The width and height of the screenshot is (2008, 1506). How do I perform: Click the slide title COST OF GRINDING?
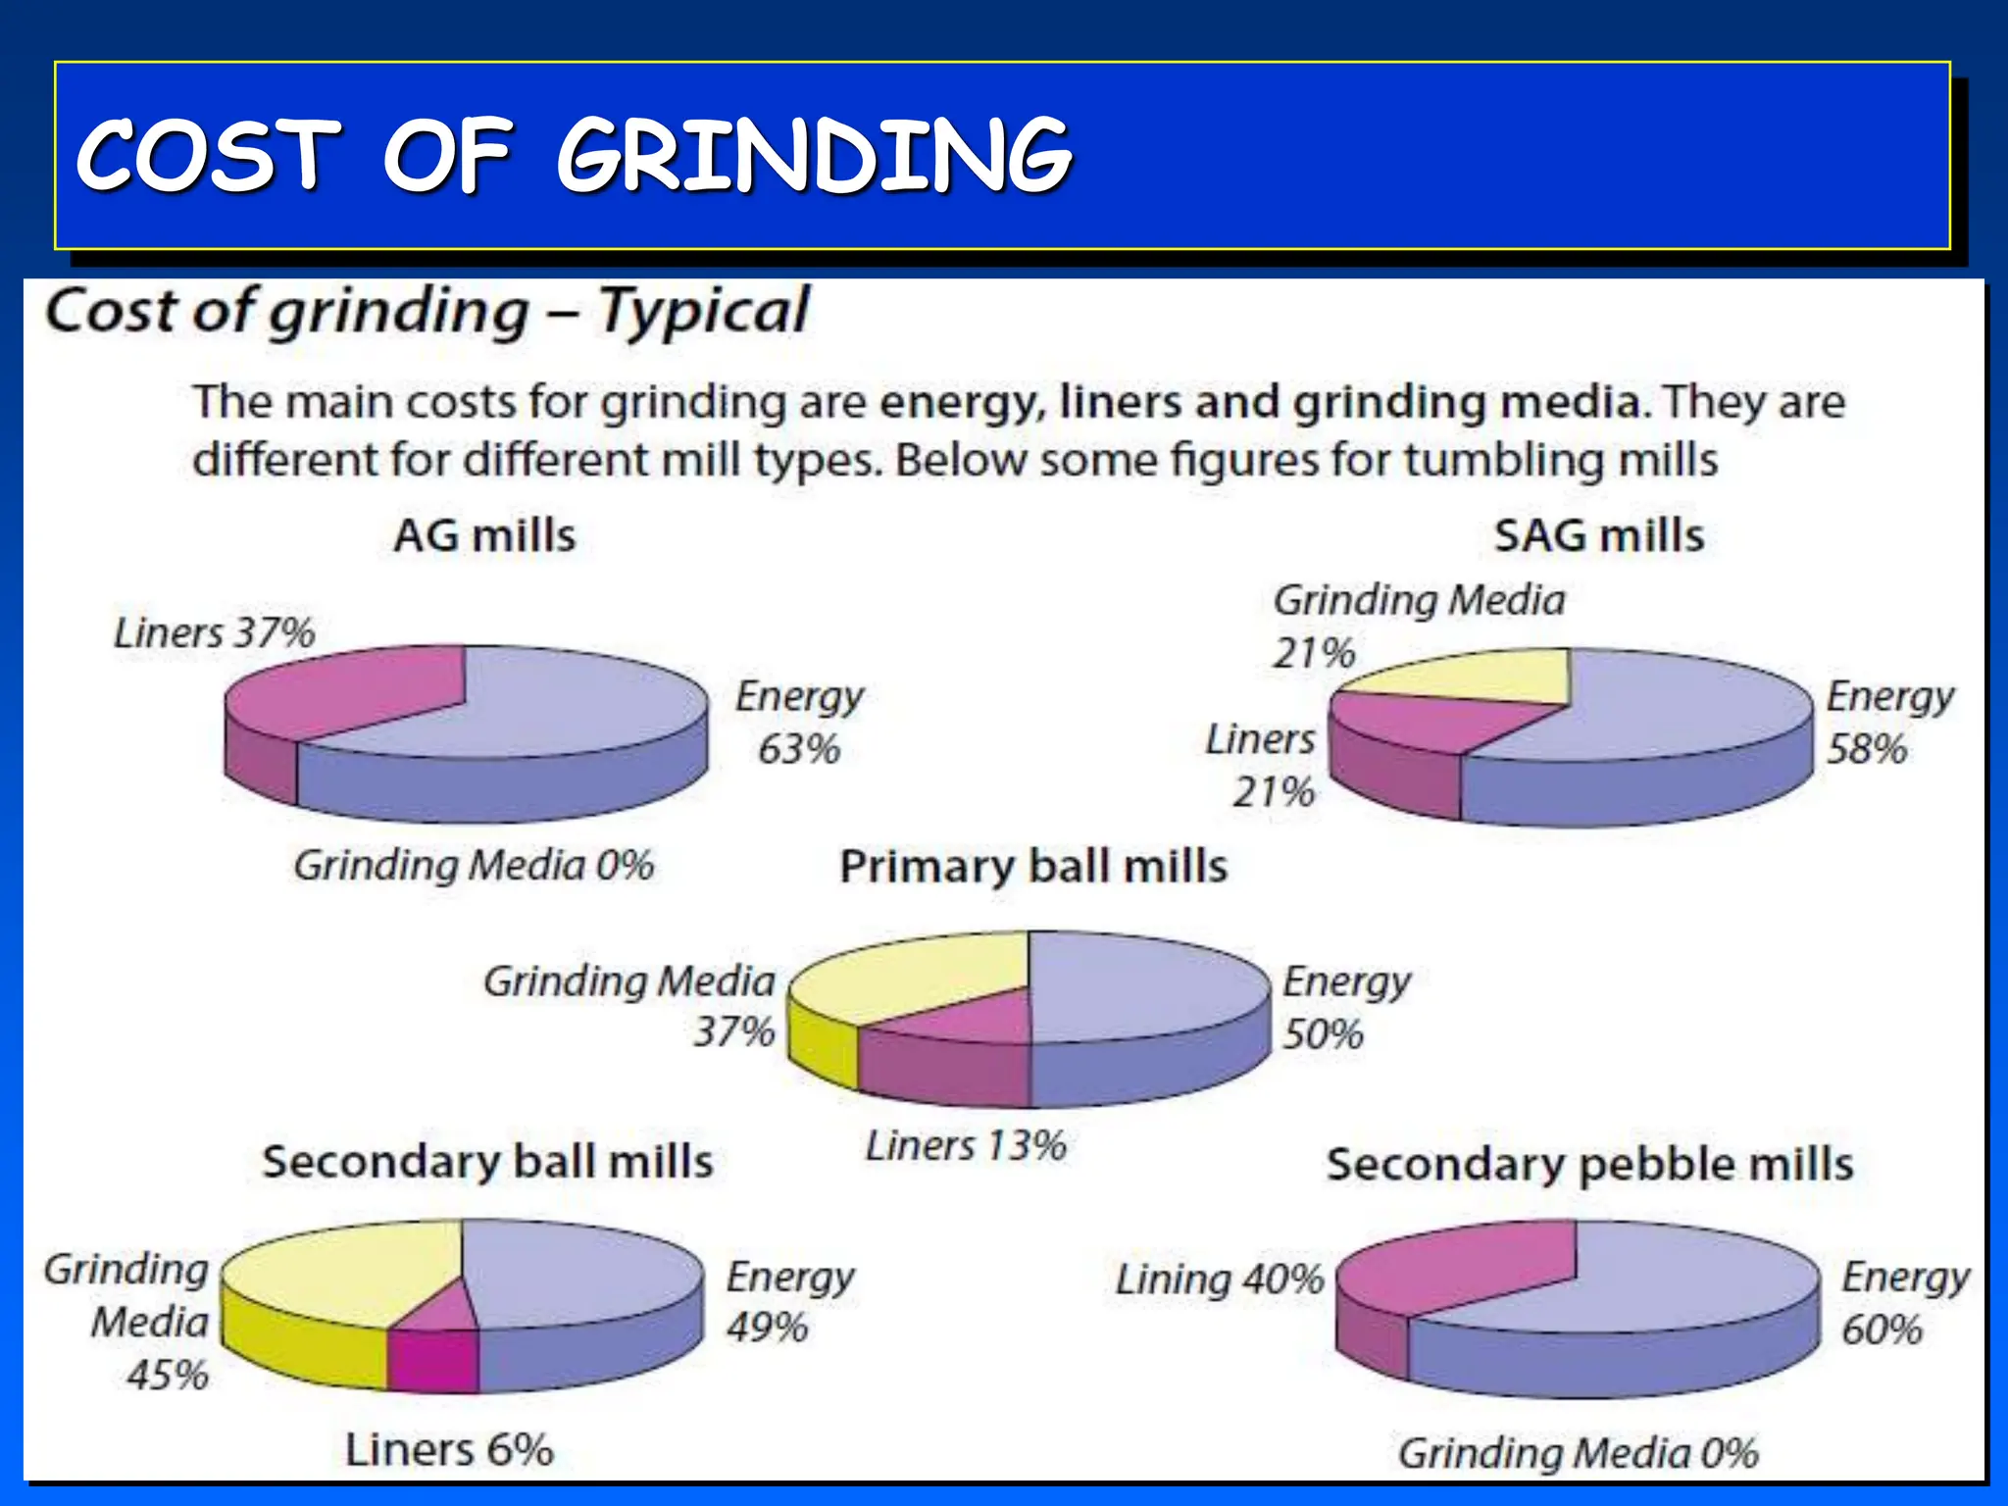pyautogui.click(x=574, y=155)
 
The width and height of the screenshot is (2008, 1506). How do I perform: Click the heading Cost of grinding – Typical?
pyautogui.click(x=427, y=312)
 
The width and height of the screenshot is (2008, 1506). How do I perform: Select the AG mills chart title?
pyautogui.click(x=485, y=536)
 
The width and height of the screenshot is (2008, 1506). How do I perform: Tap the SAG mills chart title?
pyautogui.click(x=1599, y=536)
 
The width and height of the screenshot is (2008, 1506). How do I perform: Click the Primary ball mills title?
pyautogui.click(x=1033, y=867)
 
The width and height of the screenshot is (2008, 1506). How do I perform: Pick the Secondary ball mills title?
pyautogui.click(x=487, y=1162)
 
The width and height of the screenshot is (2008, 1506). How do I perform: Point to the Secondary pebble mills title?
pyautogui.click(x=1589, y=1165)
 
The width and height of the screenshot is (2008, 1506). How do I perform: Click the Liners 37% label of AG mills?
pyautogui.click(x=214, y=632)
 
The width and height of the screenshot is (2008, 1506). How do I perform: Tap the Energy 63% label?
pyautogui.click(x=799, y=723)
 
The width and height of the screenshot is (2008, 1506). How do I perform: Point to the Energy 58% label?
pyautogui.click(x=1887, y=723)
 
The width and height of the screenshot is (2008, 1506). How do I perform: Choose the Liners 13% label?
pyautogui.click(x=966, y=1145)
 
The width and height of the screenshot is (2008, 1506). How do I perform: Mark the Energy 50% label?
pyautogui.click(x=1345, y=1007)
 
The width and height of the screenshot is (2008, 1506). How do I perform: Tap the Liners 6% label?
pyautogui.click(x=449, y=1450)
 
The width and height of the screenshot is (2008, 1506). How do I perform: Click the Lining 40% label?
pyautogui.click(x=1220, y=1280)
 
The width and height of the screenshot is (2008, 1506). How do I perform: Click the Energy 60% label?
pyautogui.click(x=1903, y=1303)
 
